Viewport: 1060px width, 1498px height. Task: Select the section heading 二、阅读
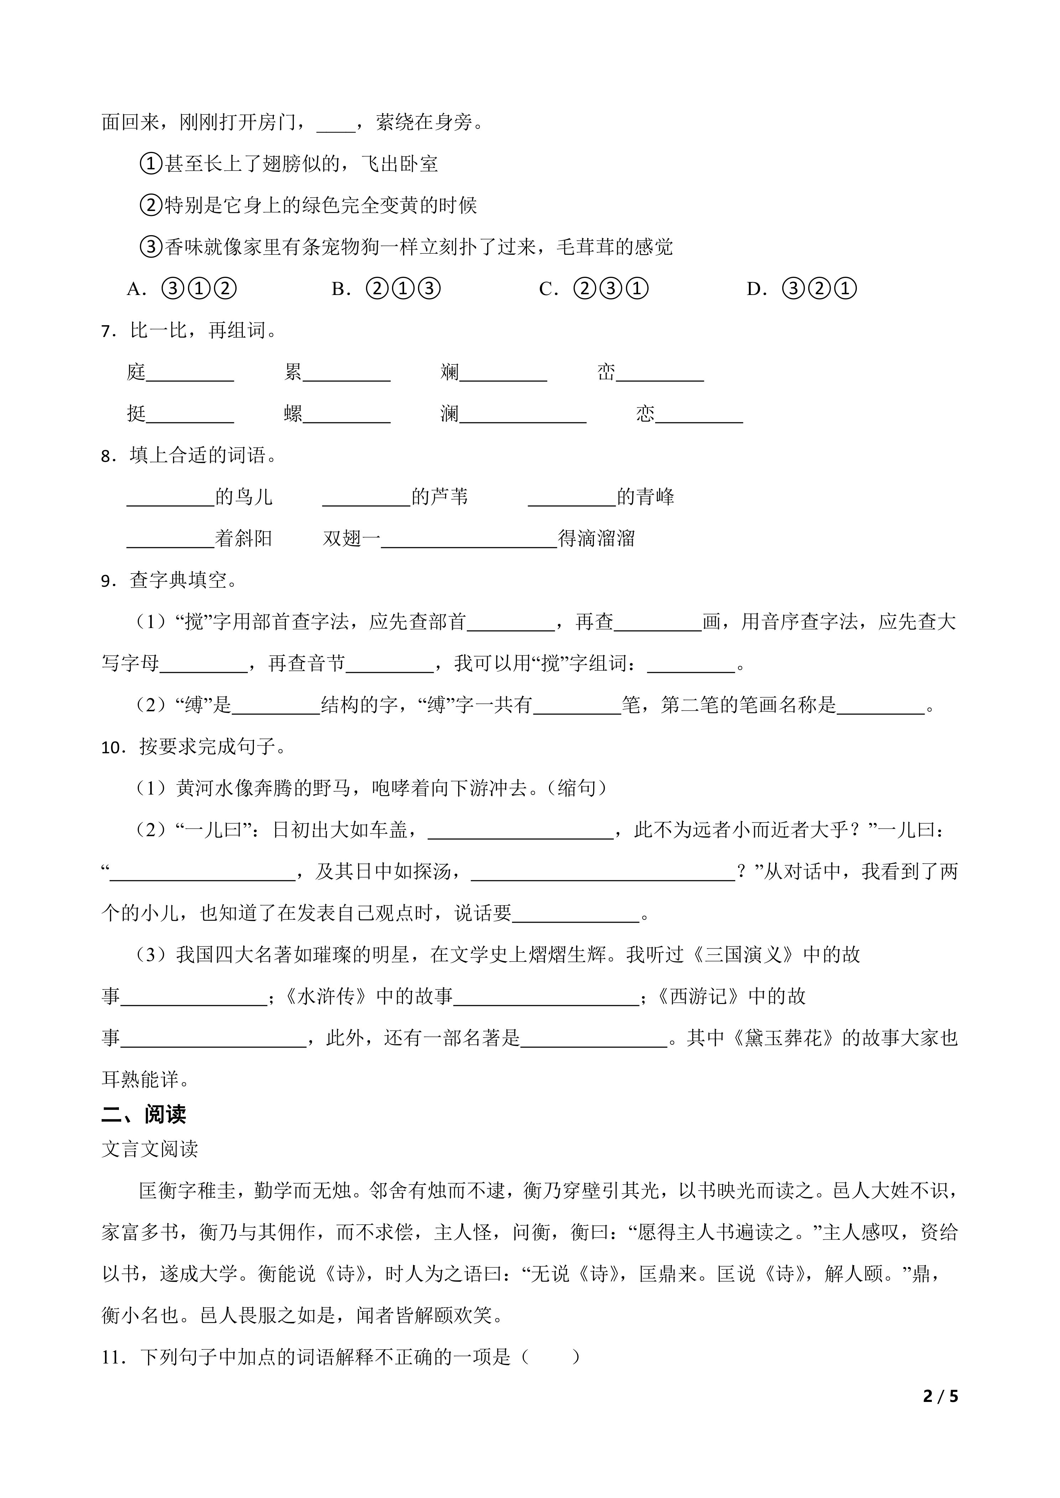143,1114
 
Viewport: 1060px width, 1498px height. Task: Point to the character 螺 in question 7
293,414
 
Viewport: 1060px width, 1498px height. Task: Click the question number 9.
107,580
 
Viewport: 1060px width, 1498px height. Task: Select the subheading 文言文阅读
150,1150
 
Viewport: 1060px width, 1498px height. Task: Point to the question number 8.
107,455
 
